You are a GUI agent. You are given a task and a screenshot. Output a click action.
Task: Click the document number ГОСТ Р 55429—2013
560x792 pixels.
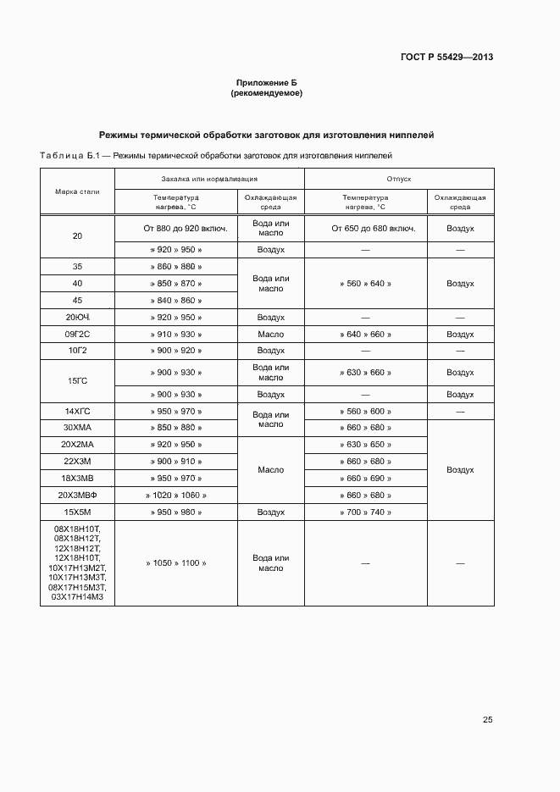[446, 58]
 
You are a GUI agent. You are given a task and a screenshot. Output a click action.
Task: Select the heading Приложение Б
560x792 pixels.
[266, 83]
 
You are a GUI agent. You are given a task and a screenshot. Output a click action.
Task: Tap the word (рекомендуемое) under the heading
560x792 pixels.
[266, 93]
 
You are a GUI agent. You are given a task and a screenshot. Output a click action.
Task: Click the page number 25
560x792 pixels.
[487, 720]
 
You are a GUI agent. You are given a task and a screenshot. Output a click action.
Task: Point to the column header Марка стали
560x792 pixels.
[77, 191]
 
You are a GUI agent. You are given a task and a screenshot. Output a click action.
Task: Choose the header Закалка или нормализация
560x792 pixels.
[209, 180]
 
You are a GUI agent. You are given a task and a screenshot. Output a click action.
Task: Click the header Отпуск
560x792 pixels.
[399, 180]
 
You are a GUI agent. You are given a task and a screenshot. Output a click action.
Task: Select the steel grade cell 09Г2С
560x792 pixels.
[77, 334]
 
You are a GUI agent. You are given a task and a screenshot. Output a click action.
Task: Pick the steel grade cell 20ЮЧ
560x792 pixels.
[77, 318]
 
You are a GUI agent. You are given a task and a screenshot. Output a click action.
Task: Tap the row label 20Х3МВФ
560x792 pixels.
[77, 495]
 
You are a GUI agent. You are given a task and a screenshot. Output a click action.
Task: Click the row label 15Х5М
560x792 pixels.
[77, 512]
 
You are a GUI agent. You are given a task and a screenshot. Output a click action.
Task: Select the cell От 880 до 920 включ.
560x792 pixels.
[176, 229]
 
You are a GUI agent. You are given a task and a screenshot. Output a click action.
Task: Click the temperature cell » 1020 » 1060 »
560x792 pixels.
[176, 495]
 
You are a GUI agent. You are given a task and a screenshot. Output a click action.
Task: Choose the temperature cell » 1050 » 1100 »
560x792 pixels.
[176, 562]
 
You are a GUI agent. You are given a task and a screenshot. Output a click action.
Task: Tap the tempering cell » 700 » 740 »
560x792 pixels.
[365, 512]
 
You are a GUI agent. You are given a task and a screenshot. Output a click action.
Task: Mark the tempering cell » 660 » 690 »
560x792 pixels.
[365, 478]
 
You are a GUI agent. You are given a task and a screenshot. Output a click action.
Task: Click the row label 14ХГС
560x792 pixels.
[77, 411]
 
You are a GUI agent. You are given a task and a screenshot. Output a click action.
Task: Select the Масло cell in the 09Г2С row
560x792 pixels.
[270, 334]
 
